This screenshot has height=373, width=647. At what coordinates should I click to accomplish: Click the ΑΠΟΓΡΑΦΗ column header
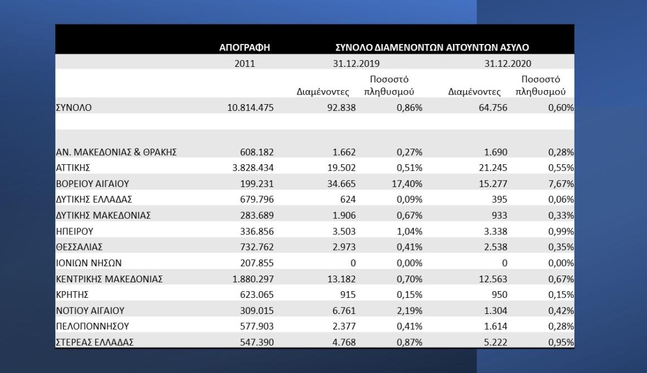click(244, 47)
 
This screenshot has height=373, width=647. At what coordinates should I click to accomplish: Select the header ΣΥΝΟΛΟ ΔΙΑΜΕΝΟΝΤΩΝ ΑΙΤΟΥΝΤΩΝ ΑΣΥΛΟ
click(432, 47)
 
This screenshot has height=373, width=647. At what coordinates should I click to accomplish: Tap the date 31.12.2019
click(356, 63)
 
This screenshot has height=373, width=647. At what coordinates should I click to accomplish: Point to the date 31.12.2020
click(508, 63)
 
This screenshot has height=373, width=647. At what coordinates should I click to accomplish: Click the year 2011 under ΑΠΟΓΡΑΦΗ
click(245, 63)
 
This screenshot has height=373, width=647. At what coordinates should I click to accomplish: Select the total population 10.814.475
click(250, 107)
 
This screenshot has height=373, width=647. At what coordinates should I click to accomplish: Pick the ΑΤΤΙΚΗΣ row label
click(73, 168)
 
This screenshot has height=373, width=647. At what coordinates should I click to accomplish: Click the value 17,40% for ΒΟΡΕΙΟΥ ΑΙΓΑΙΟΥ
click(407, 184)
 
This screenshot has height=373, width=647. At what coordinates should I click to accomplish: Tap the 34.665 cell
click(341, 184)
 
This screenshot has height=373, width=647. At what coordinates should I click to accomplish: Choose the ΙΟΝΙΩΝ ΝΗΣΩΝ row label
click(89, 263)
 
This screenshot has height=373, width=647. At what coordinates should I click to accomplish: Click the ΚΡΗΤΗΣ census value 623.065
click(257, 295)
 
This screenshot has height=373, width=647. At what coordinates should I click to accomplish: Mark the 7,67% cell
click(561, 184)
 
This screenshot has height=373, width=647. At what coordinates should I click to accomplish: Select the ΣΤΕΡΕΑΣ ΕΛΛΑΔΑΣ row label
click(95, 342)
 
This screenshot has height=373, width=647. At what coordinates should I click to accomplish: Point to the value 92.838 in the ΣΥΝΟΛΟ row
click(341, 107)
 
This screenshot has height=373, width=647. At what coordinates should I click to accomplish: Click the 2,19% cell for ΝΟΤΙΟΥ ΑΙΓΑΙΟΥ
click(409, 311)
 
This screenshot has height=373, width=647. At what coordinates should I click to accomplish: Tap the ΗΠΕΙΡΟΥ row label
click(75, 231)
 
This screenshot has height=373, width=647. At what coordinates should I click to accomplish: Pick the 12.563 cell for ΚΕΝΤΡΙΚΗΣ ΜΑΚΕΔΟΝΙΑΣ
click(493, 279)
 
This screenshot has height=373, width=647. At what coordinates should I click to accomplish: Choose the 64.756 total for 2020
click(493, 107)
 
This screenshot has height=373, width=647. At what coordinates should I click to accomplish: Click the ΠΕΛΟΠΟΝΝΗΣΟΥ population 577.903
click(257, 326)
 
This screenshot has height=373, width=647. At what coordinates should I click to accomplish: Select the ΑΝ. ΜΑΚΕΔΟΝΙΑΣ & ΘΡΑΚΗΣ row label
click(117, 152)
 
